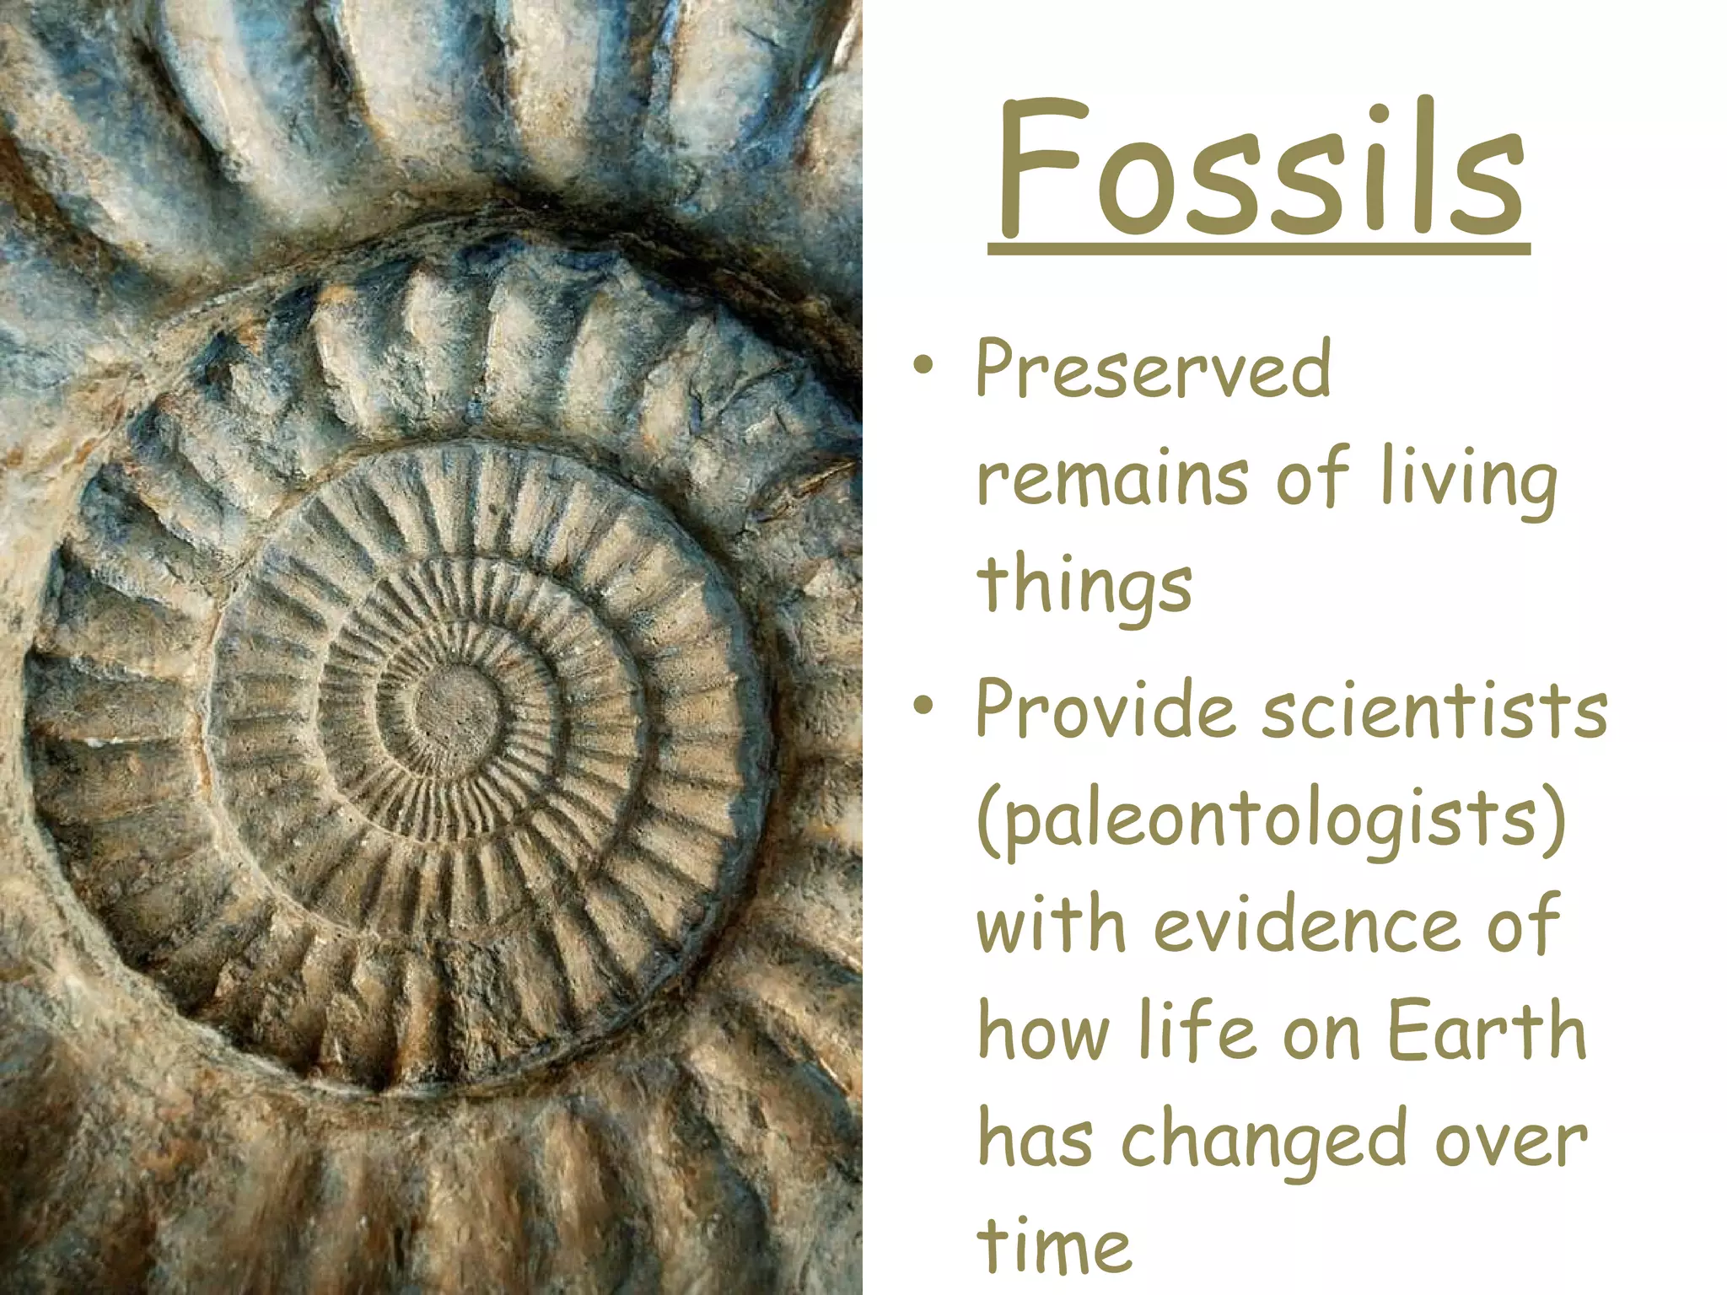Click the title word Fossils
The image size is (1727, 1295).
tap(1259, 169)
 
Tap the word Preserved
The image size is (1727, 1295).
tap(1153, 369)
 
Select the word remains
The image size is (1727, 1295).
tap(1111, 478)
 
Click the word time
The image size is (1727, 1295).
tap(1054, 1247)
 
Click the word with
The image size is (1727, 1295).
tap(1051, 926)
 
